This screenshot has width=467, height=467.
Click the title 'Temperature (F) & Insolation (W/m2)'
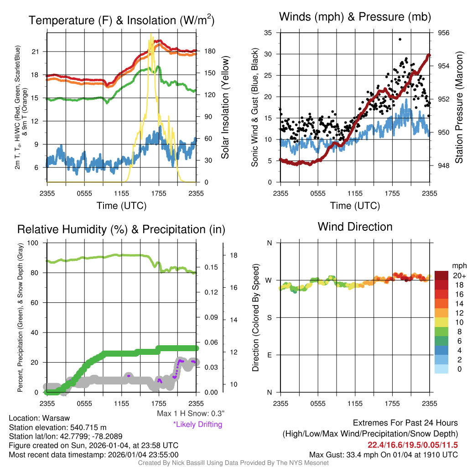pos(121,20)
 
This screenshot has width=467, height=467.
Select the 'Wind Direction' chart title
pos(355,226)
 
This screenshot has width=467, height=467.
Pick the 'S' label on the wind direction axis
pos(269,317)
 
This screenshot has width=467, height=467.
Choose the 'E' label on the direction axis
pos(269,355)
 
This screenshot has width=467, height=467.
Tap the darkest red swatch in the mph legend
pos(441,275)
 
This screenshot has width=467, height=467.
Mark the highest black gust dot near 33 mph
pos(400,39)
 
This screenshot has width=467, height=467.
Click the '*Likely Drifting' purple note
pos(197,424)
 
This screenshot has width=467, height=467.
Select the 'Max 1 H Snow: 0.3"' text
pos(191,414)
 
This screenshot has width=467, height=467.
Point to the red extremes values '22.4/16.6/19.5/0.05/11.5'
pos(412,445)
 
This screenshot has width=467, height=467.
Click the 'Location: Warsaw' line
pos(39,418)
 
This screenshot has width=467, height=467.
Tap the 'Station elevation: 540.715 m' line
pos(57,427)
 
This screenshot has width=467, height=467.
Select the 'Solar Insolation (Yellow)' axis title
pos(225,108)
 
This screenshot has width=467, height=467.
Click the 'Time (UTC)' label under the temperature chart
pos(121,206)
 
